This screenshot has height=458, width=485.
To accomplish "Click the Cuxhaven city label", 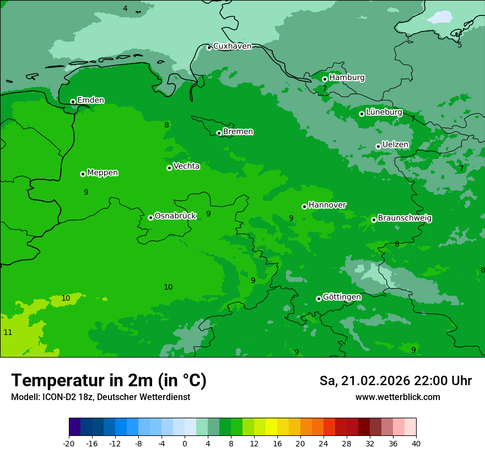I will click(x=232, y=46).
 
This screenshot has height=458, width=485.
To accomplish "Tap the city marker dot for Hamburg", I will click(x=325, y=79).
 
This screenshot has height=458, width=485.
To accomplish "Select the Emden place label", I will click(x=90, y=100).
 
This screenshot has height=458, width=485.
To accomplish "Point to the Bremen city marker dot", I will click(x=219, y=133).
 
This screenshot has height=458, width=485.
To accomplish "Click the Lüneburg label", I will click(x=384, y=112).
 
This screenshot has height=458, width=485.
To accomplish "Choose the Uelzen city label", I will click(x=395, y=145).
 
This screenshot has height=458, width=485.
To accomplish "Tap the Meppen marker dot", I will click(x=83, y=174).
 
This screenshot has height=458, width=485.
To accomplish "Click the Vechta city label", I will click(x=186, y=166).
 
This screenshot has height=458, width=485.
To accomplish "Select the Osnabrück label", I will click(x=175, y=216).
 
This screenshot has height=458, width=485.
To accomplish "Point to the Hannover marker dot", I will click(x=304, y=206).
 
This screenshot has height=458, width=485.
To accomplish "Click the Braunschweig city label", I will click(x=405, y=219).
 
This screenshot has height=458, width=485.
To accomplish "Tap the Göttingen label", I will click(x=342, y=297).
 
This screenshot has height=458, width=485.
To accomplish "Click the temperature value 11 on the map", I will click(x=8, y=332).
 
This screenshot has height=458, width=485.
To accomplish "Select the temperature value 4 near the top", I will click(x=125, y=8).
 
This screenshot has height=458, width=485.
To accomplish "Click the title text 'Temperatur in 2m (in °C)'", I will click(x=109, y=381).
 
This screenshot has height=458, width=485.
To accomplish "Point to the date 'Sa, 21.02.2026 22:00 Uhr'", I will click(x=395, y=381).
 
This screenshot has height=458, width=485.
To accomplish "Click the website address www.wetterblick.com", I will click(x=397, y=397).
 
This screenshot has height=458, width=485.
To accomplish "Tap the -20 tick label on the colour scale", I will click(x=69, y=444).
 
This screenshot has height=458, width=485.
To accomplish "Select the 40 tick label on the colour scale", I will click(x=416, y=444).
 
